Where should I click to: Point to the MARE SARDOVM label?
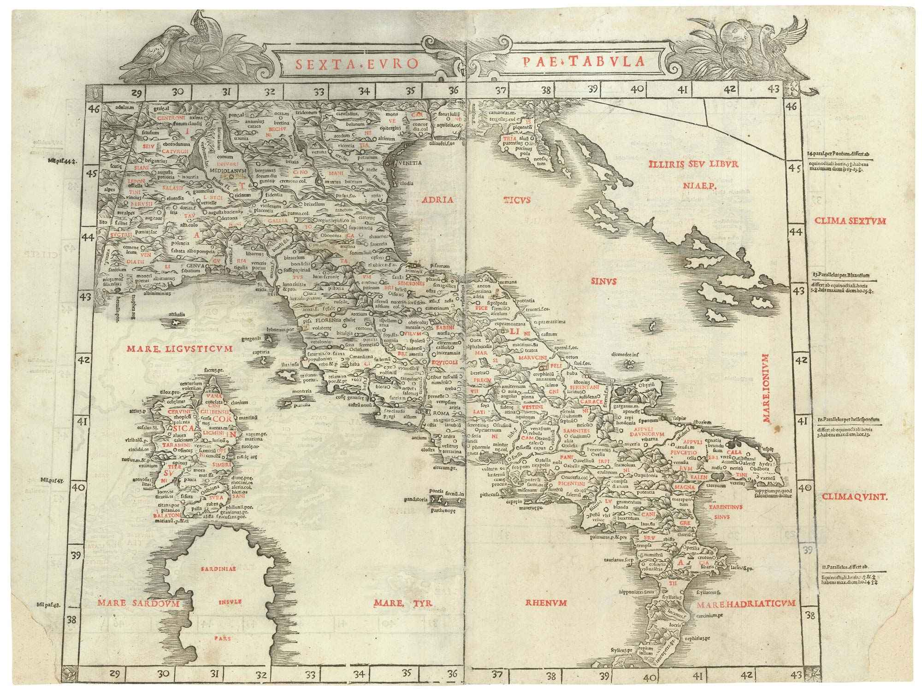pos(137,602)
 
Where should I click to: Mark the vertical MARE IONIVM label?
pos(766,389)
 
